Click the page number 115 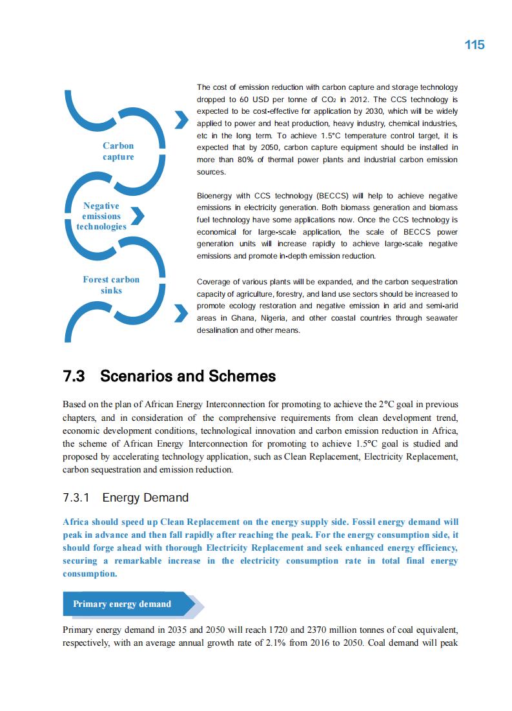[474, 45]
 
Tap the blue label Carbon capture [118, 151]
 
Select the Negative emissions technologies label [101, 216]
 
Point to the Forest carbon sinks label [111, 285]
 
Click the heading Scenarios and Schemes [188, 376]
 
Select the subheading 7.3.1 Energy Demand [125, 498]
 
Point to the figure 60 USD [245, 100]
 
